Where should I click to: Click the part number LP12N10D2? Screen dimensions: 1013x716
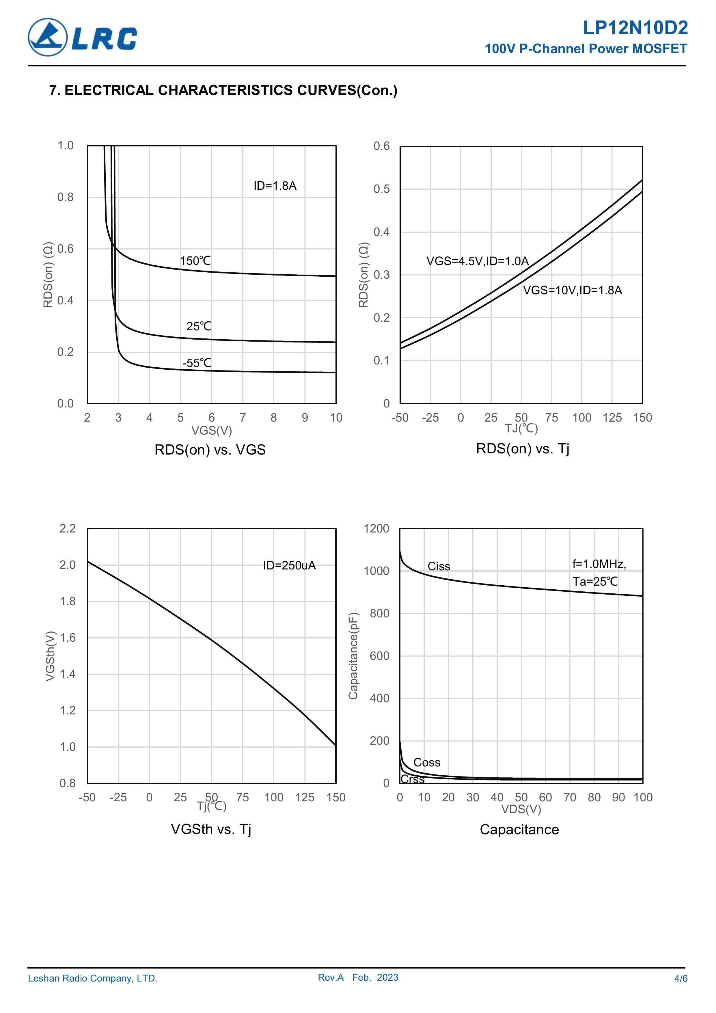(635, 28)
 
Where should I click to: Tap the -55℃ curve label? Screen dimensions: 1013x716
(197, 363)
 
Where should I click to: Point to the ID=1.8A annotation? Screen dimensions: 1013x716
(275, 186)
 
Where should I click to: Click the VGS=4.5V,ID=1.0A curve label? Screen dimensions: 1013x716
(477, 261)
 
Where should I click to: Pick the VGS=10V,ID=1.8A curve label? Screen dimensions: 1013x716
(572, 290)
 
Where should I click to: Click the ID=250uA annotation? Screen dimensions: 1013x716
(289, 566)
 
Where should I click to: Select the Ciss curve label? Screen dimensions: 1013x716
(439, 567)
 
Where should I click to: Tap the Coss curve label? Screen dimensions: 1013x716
(427, 762)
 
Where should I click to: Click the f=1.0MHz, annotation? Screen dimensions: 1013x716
(599, 564)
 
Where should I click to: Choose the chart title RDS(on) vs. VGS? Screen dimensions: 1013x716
(210, 450)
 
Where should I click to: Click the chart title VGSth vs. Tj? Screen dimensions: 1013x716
(211, 829)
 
